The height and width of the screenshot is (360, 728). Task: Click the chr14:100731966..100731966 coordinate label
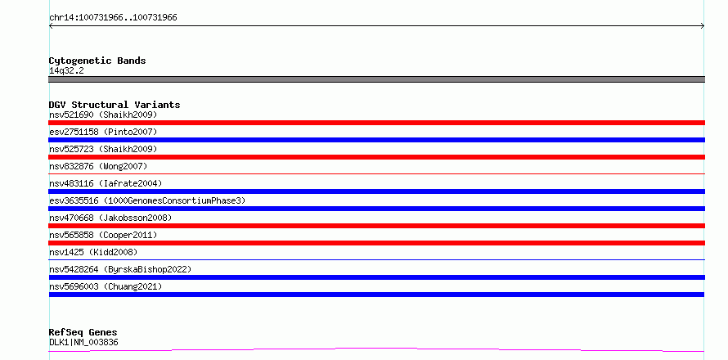point(113,18)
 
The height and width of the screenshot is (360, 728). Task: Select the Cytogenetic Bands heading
point(97,61)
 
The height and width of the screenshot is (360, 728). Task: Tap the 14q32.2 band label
point(66,71)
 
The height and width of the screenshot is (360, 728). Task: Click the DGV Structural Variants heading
point(115,105)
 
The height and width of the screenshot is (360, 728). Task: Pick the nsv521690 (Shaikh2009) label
point(103,115)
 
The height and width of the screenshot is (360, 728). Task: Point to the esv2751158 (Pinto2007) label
point(103,132)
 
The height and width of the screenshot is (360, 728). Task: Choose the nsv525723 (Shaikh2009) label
point(103,149)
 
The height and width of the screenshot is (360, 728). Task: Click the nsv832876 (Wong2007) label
point(98,166)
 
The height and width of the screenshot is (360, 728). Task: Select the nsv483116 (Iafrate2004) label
point(106,183)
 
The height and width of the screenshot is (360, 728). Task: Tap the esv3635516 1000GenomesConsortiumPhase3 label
point(147,200)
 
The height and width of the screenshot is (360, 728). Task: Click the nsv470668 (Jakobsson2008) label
point(110,218)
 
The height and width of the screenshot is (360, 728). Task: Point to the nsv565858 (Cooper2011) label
point(103,235)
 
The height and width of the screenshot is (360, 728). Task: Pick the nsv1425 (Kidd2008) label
point(93,252)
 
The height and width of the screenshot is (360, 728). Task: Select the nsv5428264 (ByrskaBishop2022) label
point(120,269)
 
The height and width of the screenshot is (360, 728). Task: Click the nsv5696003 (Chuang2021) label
point(106,286)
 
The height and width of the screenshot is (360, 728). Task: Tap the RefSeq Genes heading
point(83,332)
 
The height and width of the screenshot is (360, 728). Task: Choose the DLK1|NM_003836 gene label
point(83,342)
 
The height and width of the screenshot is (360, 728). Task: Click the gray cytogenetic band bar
point(376,79)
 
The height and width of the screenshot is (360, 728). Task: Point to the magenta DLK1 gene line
point(376,349)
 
